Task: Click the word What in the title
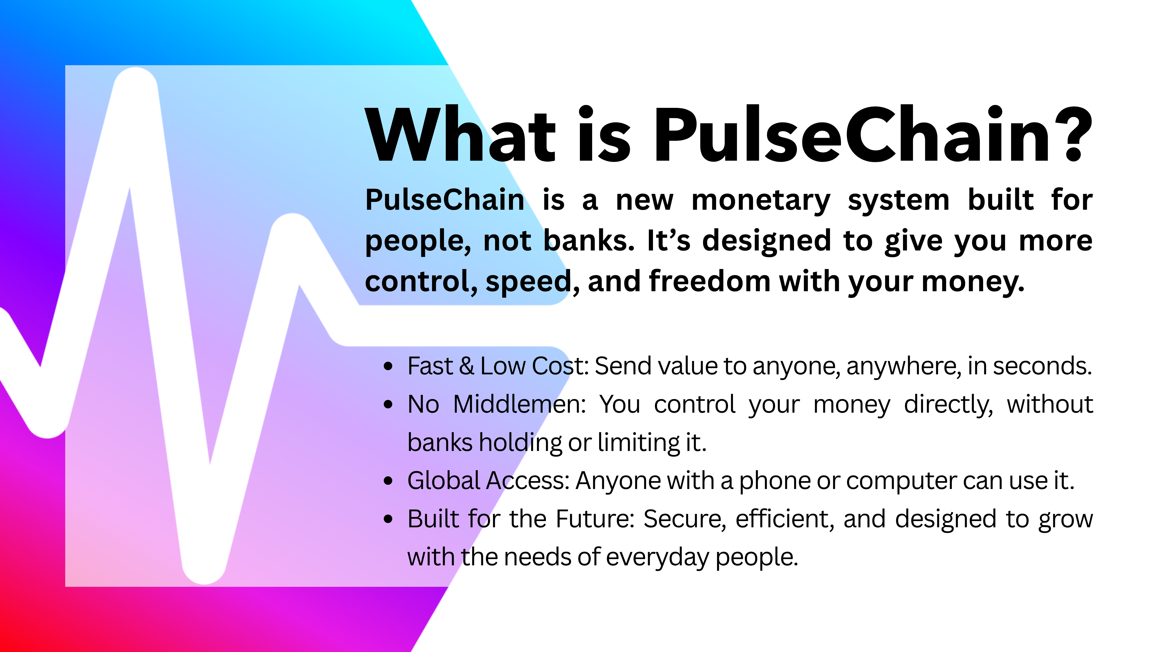(x=460, y=134)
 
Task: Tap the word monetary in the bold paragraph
(x=761, y=201)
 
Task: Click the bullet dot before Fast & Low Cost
(x=388, y=366)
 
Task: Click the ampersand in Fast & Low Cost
(x=467, y=366)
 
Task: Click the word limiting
(x=639, y=443)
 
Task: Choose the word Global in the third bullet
(x=445, y=481)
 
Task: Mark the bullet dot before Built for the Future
(x=388, y=519)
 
